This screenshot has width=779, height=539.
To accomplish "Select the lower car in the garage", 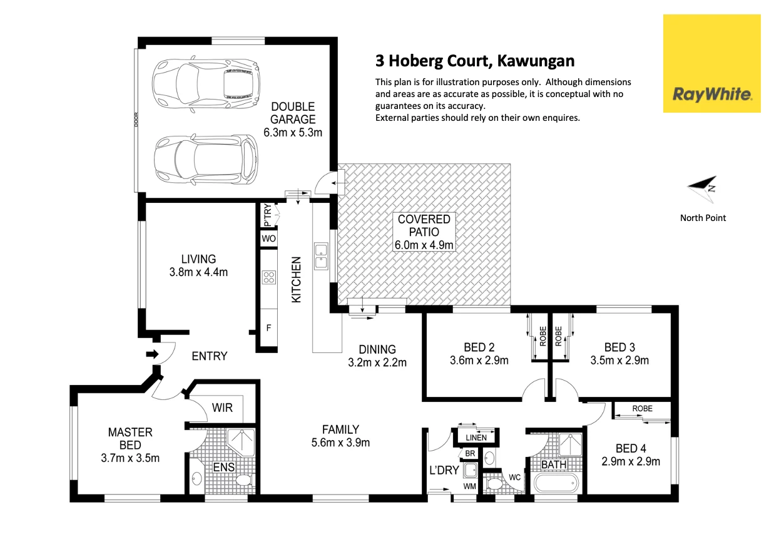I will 206,160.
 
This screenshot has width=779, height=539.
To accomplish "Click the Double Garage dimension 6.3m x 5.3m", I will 293,132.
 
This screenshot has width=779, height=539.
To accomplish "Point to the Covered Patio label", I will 424,225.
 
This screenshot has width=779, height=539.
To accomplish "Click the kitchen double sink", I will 321,256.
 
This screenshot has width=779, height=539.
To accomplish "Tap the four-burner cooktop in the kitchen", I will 269,277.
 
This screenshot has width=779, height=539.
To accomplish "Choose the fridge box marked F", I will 269,327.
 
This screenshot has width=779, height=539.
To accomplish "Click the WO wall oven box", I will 269,239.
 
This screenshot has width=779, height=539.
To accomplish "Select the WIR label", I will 222,408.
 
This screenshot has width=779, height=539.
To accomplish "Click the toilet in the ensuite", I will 243,480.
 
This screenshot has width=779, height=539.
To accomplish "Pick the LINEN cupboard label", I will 477,437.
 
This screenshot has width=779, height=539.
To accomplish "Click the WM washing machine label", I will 469,486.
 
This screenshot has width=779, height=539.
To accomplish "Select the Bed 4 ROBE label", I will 641,409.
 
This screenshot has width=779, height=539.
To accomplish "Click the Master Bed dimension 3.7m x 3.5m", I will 130,458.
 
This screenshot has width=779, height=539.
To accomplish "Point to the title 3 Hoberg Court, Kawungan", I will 474,61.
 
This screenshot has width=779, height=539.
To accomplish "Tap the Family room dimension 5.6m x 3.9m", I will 340,443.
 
